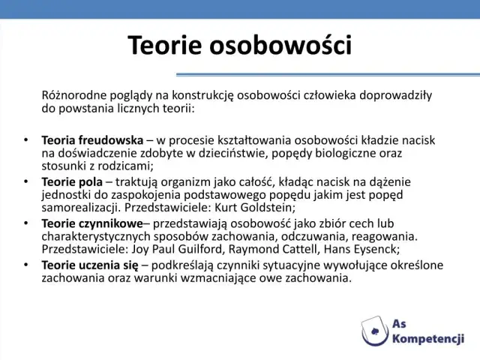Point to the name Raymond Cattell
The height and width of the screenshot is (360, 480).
click(269, 249)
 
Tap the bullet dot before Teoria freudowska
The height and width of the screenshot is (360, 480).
click(25, 140)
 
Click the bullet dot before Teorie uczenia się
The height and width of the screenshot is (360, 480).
click(25, 265)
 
